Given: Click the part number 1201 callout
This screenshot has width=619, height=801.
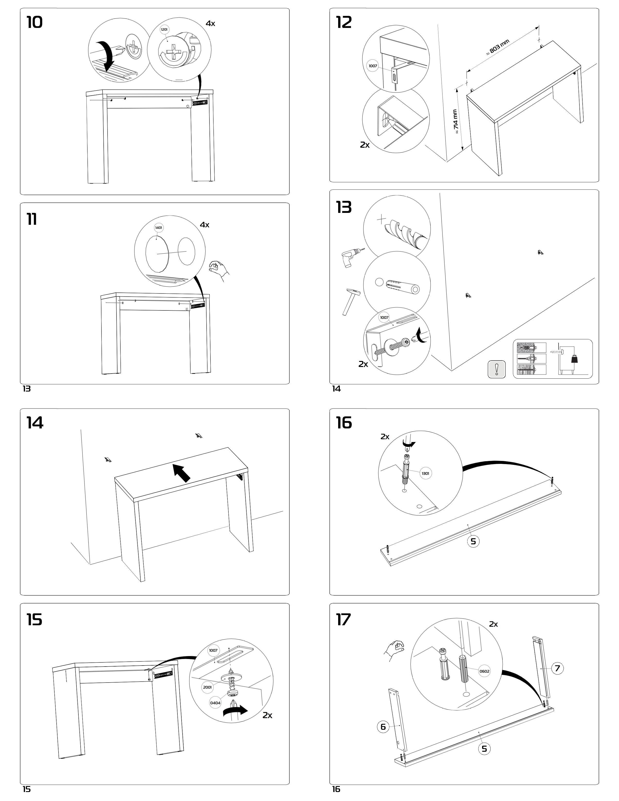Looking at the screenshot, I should point(165,29).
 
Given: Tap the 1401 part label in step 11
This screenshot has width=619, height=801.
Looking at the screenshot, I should point(159,228).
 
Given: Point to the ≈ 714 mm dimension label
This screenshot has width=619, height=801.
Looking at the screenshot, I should point(455,121).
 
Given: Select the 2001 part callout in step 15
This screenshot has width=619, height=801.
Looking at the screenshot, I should point(207,687).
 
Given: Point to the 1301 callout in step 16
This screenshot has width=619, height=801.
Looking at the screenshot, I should point(425,474).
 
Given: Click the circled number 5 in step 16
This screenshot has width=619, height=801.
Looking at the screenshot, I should point(473,541).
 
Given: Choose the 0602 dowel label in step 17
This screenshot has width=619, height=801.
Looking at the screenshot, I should point(484,672).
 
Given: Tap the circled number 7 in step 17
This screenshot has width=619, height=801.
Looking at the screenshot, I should point(557,668).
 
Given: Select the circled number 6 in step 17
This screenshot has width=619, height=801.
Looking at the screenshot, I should point(383,726).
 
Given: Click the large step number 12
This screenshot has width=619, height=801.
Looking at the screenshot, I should point(344,23).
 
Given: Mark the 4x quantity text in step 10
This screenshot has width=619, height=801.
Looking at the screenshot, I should point(210,24).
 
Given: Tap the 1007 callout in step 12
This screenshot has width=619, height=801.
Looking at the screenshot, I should point(373,66).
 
